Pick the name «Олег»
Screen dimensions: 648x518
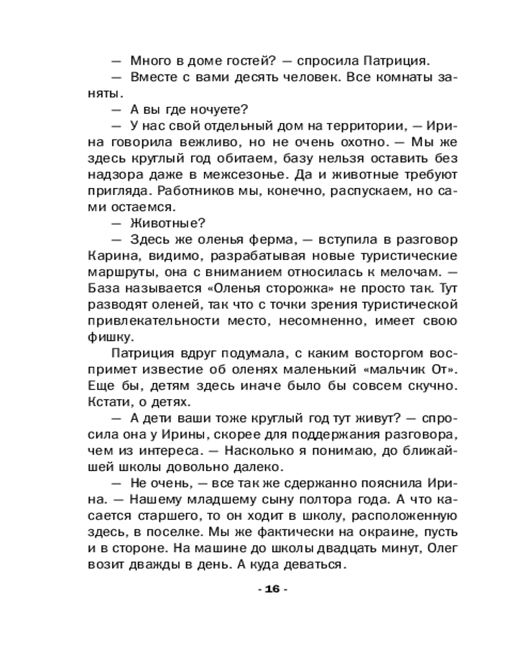tap(428, 550)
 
